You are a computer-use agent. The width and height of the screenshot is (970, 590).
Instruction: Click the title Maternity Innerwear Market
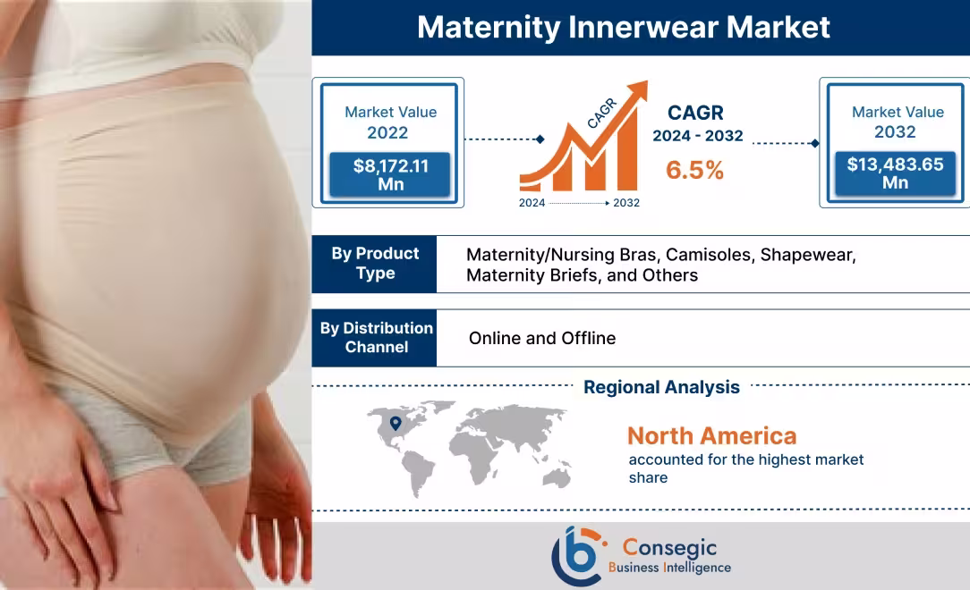(624, 28)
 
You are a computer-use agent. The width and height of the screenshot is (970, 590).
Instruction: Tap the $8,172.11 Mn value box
(390, 174)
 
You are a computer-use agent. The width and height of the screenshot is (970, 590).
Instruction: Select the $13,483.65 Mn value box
(895, 173)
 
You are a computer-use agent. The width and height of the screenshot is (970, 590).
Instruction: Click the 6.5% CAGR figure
(694, 170)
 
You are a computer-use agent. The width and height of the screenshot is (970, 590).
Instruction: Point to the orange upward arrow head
(638, 92)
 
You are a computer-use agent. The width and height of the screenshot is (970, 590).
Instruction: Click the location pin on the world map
(396, 424)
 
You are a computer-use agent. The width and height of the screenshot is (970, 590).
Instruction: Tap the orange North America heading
(711, 436)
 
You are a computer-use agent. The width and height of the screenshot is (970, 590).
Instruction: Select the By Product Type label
(375, 264)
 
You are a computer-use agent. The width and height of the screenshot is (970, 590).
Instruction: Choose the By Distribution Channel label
(376, 337)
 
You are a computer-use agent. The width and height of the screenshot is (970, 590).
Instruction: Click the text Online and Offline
(542, 338)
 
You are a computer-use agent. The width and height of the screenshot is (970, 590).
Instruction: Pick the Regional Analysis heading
(661, 387)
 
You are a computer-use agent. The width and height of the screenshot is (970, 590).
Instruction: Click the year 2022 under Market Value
(387, 133)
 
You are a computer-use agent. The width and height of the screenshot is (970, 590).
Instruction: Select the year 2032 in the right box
(895, 132)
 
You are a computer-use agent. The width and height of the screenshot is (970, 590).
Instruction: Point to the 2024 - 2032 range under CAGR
(697, 137)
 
